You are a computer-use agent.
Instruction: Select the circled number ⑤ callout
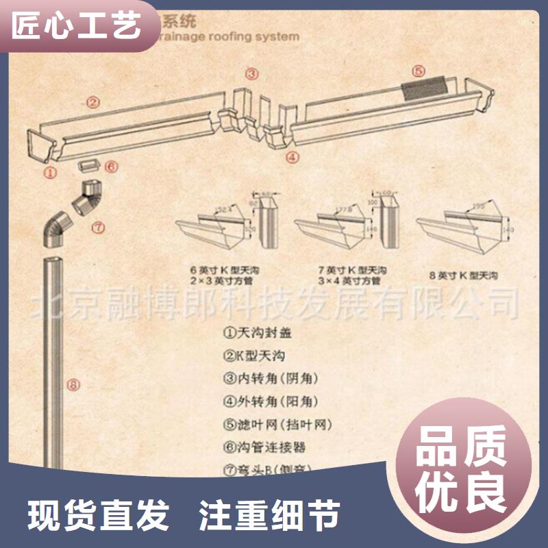(419, 71)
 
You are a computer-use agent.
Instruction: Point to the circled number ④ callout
(292, 157)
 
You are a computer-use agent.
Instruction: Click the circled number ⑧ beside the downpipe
(73, 385)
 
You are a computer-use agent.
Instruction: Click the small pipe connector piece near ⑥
(88, 166)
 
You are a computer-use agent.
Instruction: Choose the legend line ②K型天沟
(253, 356)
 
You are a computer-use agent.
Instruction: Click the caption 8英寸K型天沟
(463, 275)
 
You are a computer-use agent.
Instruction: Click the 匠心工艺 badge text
(77, 26)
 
